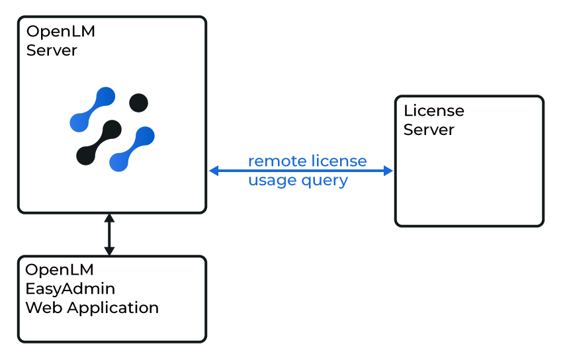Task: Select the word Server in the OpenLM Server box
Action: (x=52, y=50)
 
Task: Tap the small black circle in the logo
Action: (x=138, y=103)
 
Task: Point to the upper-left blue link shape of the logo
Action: (x=92, y=109)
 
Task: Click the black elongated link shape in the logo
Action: (x=99, y=142)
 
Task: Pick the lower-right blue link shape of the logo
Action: (x=132, y=150)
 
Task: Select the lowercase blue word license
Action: (x=339, y=161)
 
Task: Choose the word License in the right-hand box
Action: (x=433, y=111)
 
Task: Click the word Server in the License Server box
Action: (x=429, y=130)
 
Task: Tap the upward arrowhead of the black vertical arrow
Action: (x=110, y=218)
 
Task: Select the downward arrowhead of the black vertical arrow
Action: (x=110, y=251)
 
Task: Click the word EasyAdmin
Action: (x=70, y=289)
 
